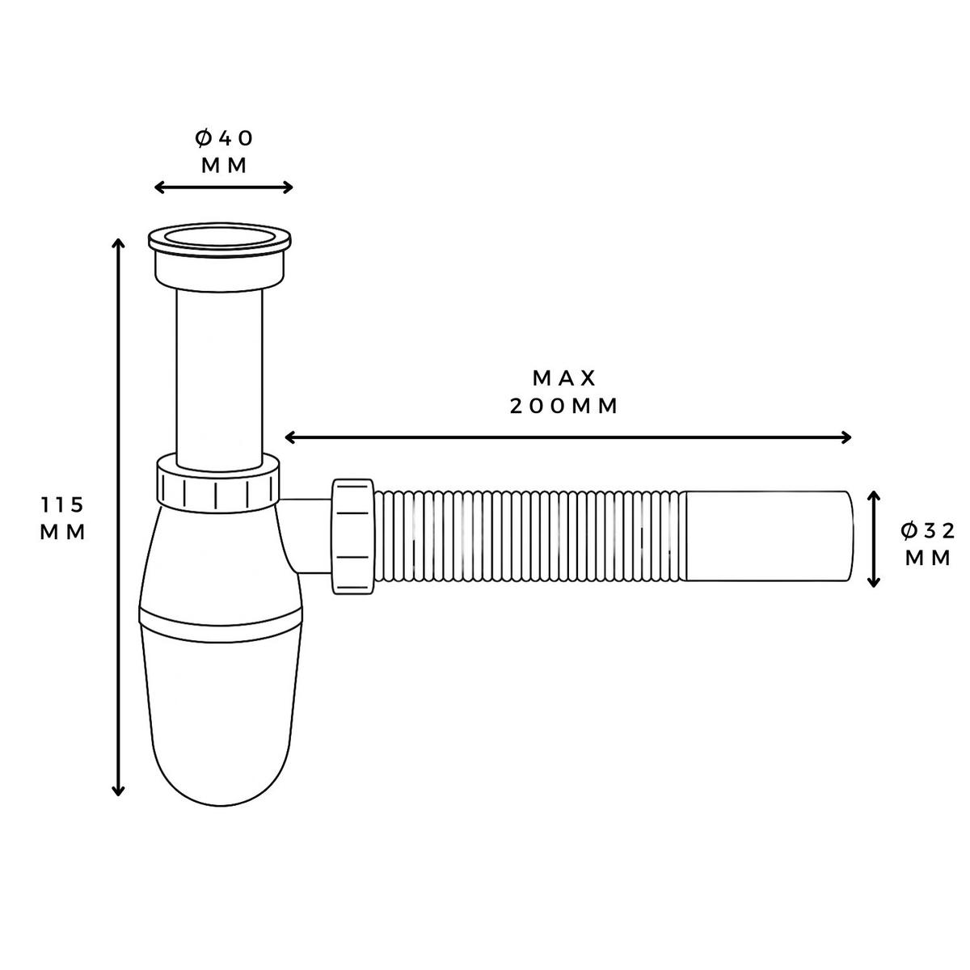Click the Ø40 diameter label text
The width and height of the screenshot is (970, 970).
click(x=224, y=138)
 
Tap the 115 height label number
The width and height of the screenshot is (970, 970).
click(x=62, y=505)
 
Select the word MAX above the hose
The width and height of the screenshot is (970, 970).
click(x=564, y=377)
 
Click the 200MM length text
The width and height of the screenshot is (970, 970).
click(x=564, y=406)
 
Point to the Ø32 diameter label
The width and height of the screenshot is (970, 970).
click(x=928, y=530)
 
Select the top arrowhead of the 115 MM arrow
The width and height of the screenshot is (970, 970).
click(x=119, y=243)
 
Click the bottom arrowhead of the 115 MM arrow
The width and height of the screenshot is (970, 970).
click(x=119, y=791)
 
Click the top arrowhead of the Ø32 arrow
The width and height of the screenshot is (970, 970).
click(x=873, y=495)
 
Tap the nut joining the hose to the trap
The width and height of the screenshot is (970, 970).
click(x=352, y=535)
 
